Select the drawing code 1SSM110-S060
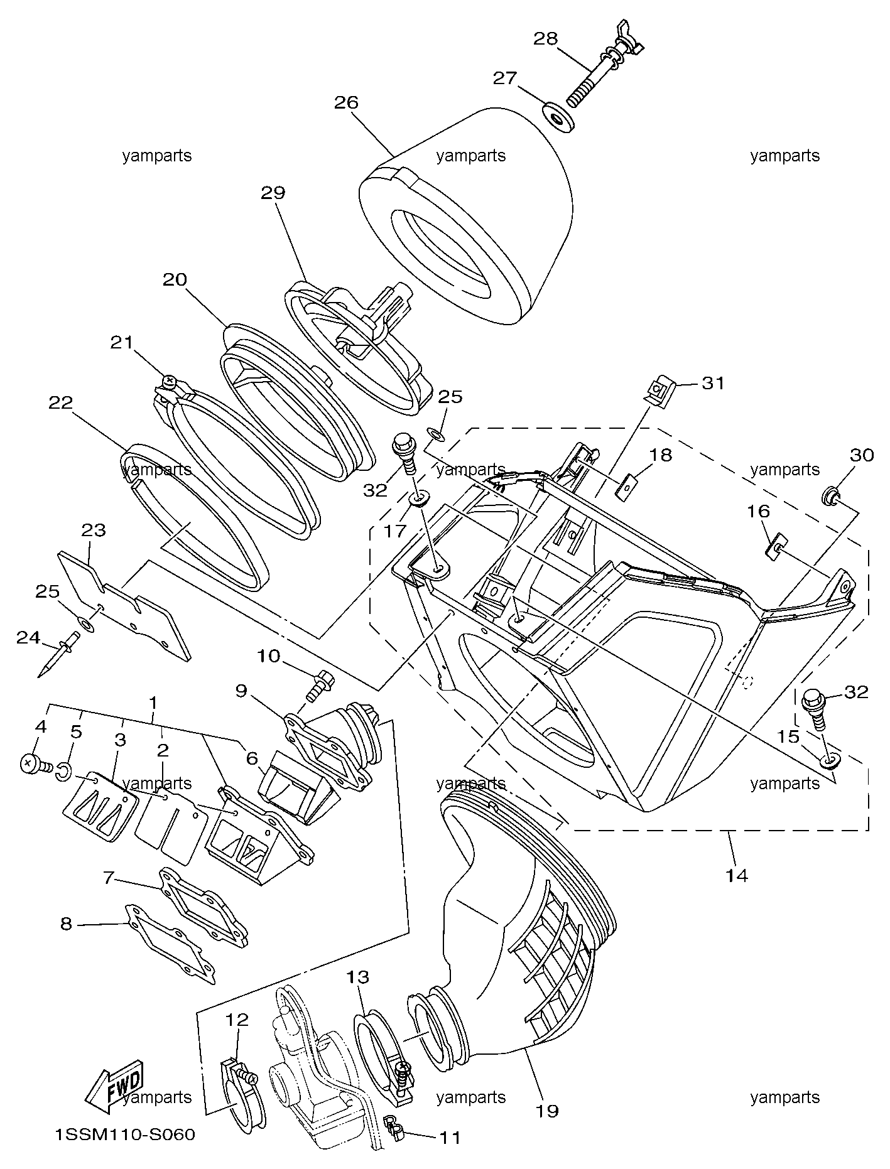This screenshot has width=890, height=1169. [124, 1134]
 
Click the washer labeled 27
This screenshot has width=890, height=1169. [558, 118]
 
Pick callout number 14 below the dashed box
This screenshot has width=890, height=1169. [737, 875]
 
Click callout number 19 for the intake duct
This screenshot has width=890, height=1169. [548, 1111]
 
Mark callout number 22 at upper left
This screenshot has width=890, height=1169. [61, 402]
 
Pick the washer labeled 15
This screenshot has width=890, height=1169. [830, 762]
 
